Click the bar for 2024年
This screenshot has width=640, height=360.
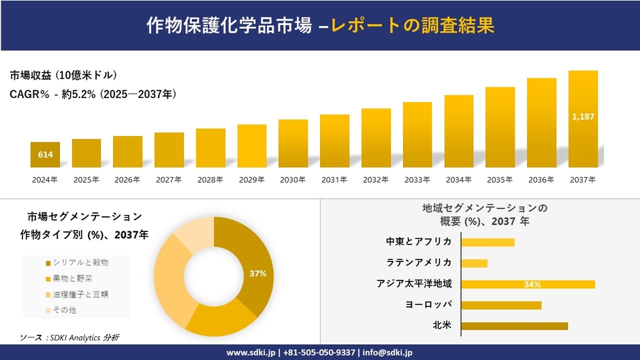pos(45,154)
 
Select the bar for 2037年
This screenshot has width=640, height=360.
pos(583,119)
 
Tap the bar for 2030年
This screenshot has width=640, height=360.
pos(293,144)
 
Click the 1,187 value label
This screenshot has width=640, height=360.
pos(583,117)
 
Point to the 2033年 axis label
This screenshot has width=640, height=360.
pos(417,180)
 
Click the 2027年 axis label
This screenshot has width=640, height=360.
pos(169,180)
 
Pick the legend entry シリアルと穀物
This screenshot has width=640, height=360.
pos(77,263)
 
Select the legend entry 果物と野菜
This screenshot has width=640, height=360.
pos(72,278)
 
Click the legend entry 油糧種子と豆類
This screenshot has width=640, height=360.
pos(77,295)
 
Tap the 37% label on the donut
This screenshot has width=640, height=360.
pos(257,274)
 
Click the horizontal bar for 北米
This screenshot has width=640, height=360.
pos(514,326)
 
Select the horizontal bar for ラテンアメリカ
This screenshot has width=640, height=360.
pos(475,263)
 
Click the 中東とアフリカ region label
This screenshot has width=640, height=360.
pos(419,242)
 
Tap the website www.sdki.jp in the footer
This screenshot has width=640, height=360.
pos(250,353)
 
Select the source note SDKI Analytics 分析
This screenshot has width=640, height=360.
pos(69,337)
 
